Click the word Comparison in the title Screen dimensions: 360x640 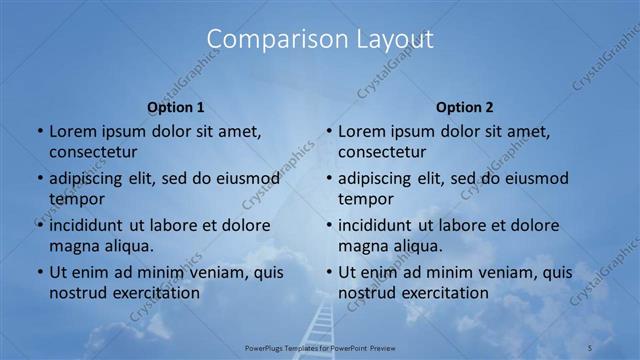267,39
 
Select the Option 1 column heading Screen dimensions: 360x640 176,107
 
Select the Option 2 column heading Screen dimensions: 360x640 465,107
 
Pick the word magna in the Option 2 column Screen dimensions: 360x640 362,245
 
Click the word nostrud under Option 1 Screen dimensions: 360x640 75,293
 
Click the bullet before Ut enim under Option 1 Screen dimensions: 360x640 39,272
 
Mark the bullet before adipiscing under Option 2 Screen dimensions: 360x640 328,178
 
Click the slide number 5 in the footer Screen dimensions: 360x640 589,347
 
